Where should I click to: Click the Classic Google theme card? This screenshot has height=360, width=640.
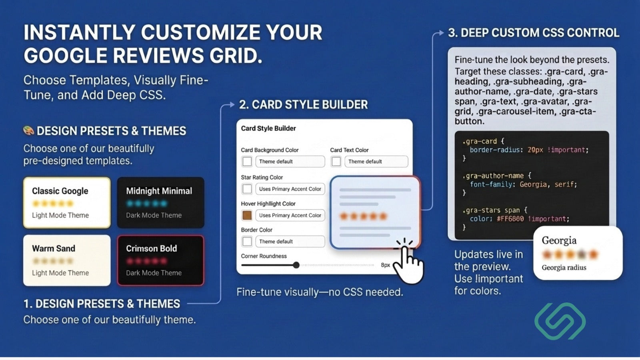pos(67,202)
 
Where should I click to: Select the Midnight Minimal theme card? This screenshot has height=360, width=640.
pos(160,202)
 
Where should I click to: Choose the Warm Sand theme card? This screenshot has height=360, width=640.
pos(67,260)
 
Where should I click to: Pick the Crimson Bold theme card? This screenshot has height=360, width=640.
pos(160,260)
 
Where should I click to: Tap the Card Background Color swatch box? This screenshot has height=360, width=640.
pos(247,162)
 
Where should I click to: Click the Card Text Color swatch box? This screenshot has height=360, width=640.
pos(336,162)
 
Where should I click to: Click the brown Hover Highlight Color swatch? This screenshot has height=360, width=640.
pos(247,215)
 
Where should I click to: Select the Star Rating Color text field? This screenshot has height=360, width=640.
pos(290,189)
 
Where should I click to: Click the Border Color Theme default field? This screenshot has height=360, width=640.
pos(290,242)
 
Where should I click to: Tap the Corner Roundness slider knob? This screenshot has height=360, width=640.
pos(296,265)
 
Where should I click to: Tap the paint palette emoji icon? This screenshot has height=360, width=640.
pos(28,130)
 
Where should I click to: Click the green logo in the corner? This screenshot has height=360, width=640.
pos(560,321)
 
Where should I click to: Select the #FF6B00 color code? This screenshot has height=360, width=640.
pos(510,219)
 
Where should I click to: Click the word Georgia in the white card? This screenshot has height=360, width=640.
pos(559,240)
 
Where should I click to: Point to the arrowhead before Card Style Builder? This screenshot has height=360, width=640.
pos(232,104)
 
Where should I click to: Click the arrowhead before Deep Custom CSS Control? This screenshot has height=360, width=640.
pos(441,33)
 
